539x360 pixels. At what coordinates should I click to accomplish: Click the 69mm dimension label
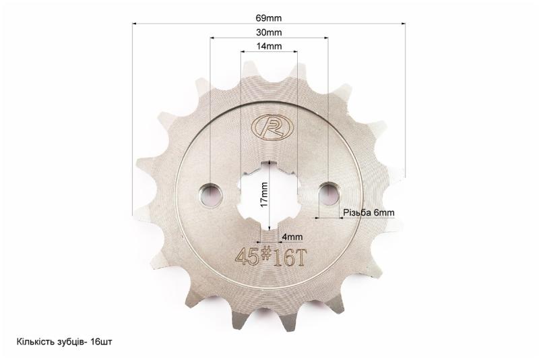click(x=268, y=18)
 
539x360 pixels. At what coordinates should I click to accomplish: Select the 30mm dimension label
click(x=269, y=32)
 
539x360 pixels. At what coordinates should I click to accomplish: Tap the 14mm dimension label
click(x=269, y=46)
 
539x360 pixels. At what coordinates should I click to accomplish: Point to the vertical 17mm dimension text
click(x=264, y=194)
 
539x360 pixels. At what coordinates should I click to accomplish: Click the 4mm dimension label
click(x=292, y=237)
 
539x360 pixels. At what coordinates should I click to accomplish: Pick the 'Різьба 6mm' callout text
click(x=369, y=213)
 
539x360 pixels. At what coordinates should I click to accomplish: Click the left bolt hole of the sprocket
click(x=210, y=196)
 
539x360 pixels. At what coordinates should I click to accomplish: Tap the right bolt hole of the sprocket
click(x=329, y=193)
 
